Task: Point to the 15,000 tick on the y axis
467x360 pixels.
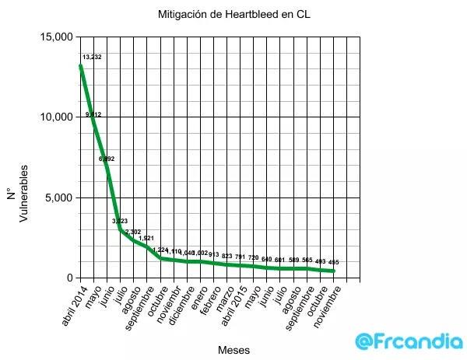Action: point(57,37)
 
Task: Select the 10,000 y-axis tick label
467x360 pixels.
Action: point(57,117)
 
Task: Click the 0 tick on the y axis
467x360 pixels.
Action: point(68,278)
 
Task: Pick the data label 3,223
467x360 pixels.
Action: point(120,222)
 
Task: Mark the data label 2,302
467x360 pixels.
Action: point(133,232)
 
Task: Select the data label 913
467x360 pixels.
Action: point(213,254)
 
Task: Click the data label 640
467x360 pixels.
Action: point(267,259)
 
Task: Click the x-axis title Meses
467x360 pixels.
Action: point(234,350)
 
